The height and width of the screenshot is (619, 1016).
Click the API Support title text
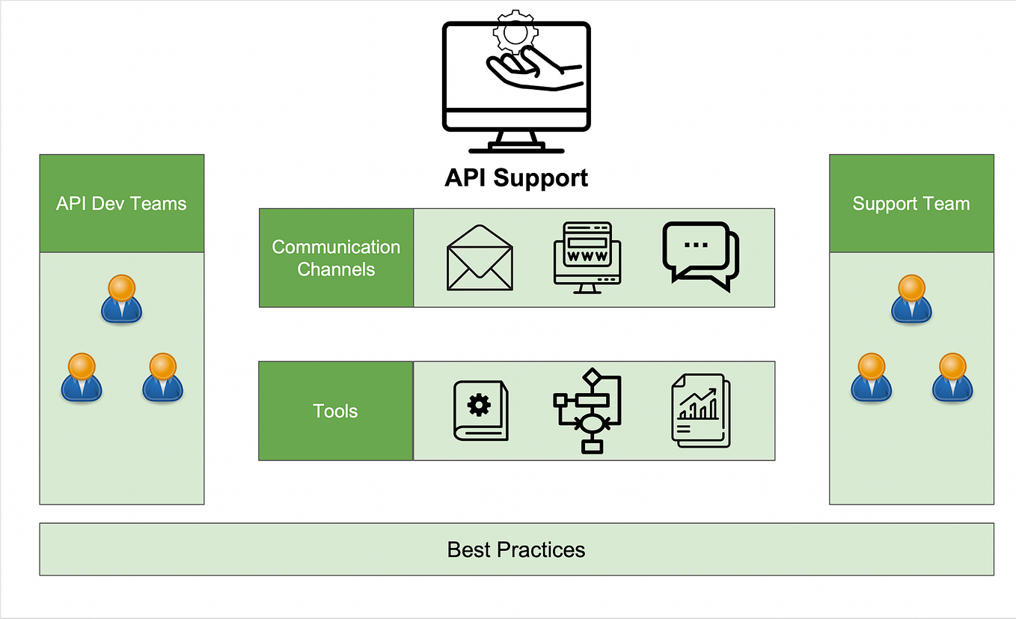point(516,178)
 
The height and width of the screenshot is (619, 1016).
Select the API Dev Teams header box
point(121,204)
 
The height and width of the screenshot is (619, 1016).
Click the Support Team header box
point(911,204)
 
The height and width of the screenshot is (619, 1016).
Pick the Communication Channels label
point(336,258)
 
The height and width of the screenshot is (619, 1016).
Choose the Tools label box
point(335,411)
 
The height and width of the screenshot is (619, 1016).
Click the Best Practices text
point(516,549)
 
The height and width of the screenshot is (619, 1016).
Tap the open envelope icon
point(480,257)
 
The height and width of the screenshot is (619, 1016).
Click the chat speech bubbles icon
point(700,255)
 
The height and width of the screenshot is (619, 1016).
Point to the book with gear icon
point(480,410)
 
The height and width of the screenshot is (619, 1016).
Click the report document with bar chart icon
point(700,411)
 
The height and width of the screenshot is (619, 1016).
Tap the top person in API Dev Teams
point(121,299)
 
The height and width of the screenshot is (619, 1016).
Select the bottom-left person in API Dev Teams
point(81,377)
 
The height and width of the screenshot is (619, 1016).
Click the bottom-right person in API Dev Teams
point(162,377)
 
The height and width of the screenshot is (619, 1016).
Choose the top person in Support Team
point(911,299)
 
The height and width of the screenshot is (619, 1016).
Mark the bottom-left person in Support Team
point(871,377)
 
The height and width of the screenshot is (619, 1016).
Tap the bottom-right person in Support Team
point(952,377)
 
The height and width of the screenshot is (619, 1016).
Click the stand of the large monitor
point(516,142)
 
